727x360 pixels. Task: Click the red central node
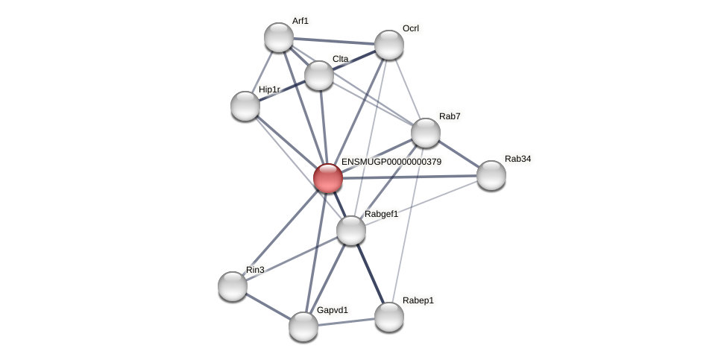pos(327,178)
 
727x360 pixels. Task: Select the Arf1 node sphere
pos(279,37)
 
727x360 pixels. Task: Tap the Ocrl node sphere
pos(388,45)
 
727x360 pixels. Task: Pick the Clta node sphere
pos(319,75)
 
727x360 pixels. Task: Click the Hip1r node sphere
pos(245,106)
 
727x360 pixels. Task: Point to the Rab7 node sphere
pos(426,133)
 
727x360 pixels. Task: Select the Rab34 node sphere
pos(491,175)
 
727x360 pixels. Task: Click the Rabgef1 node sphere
pos(351,230)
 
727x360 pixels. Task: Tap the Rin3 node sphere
pos(233,285)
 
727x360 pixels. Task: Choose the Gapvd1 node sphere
pos(303,326)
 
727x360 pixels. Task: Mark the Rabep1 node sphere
pos(388,317)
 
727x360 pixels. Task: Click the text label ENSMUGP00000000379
pos(391,162)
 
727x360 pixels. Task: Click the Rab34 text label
pos(517,159)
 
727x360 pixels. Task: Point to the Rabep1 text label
pos(418,300)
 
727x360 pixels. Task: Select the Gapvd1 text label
pos(332,310)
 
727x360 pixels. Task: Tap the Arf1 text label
pos(300,21)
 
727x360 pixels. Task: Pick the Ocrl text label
pos(410,28)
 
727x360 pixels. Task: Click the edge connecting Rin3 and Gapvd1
pos(268,306)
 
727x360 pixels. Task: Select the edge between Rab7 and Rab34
pos(459,154)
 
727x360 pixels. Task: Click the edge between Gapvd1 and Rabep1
pos(346,321)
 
